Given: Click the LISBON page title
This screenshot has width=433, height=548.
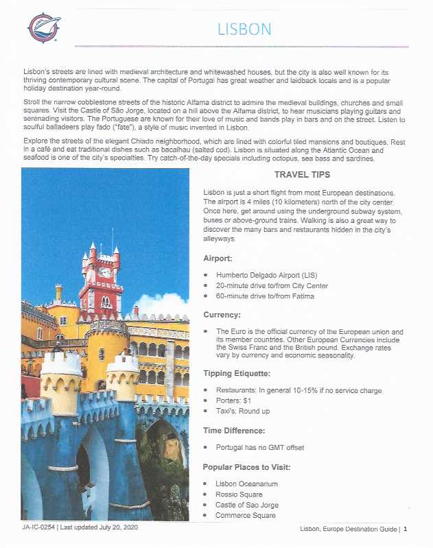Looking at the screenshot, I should (244, 29).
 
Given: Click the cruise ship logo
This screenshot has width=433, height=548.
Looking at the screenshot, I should (45, 27).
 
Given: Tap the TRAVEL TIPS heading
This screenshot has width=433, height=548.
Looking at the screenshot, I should (302, 175).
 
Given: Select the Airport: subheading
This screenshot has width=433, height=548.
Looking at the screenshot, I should (218, 259).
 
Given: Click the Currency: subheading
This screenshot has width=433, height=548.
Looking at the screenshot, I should (221, 315).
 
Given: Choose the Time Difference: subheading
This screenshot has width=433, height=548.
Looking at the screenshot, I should (235, 431).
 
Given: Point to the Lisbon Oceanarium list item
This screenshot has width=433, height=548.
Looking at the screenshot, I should (246, 484).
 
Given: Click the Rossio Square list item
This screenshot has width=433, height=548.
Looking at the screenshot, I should (239, 494).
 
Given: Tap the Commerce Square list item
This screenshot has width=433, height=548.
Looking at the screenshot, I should (246, 515).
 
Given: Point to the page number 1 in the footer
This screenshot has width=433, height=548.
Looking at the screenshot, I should (406, 529).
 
